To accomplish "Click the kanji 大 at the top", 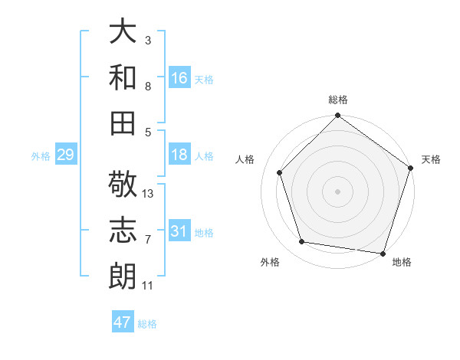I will click(x=123, y=32).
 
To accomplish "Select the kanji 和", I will click(x=123, y=77).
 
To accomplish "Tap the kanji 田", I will click(x=123, y=123).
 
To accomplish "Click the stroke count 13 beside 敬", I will click(x=148, y=194).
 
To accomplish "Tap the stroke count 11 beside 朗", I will click(x=148, y=286).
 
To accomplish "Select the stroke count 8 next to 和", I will click(x=148, y=87).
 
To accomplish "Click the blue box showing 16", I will click(x=179, y=78).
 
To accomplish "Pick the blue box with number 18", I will click(x=179, y=155).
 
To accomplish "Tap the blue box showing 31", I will click(x=179, y=231).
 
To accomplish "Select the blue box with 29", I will click(x=65, y=155).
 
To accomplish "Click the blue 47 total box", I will click(x=123, y=322).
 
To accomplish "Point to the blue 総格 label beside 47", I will click(x=147, y=324).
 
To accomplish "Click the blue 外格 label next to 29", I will click(x=41, y=156).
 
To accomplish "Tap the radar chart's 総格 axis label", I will click(x=338, y=100).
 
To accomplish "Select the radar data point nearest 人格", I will click(x=279, y=172).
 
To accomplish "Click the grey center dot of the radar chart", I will click(x=338, y=191).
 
